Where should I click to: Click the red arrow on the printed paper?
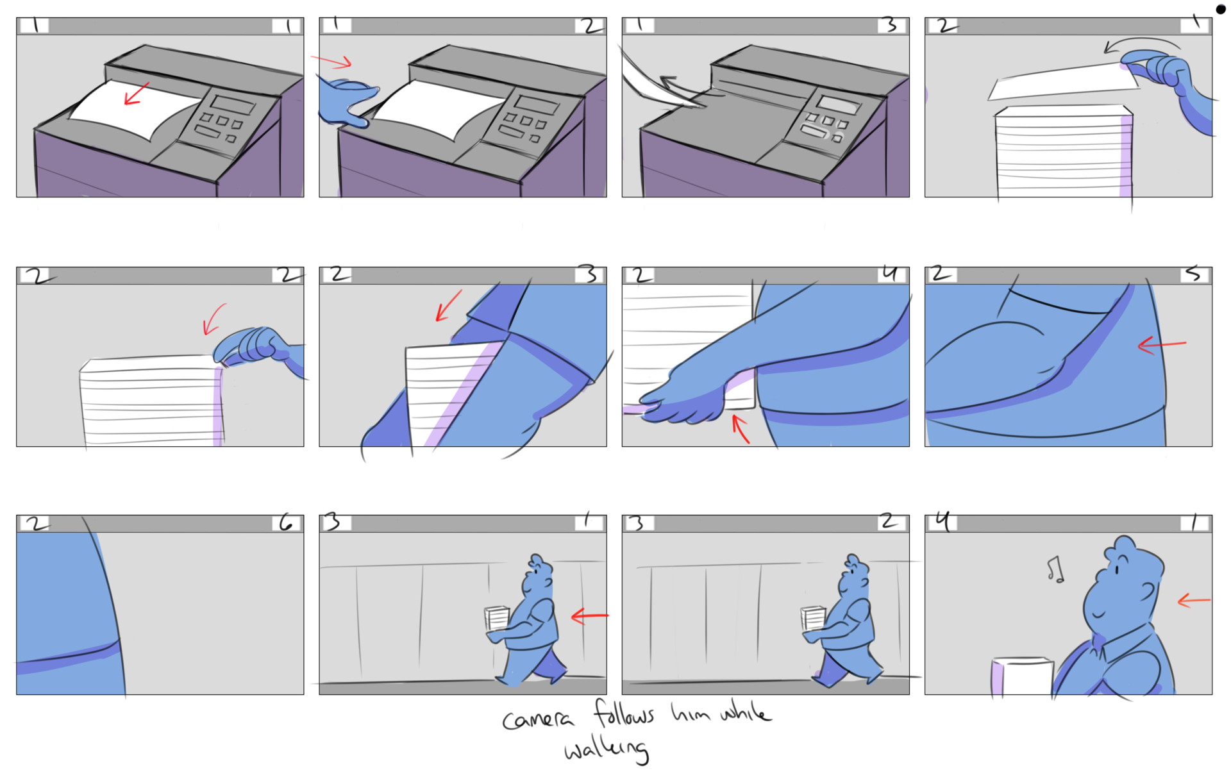(136, 94)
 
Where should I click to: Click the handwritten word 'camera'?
(537, 719)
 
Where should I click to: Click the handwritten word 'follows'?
(623, 714)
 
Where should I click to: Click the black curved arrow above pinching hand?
(1141, 44)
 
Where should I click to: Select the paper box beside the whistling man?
(1023, 676)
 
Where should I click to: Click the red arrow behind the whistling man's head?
(1194, 601)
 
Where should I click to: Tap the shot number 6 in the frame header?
(286, 524)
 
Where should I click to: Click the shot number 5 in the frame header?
(1193, 274)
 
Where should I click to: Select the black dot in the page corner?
(1220, 9)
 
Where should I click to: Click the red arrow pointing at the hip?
(1162, 346)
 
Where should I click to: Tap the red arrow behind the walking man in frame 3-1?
(589, 616)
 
